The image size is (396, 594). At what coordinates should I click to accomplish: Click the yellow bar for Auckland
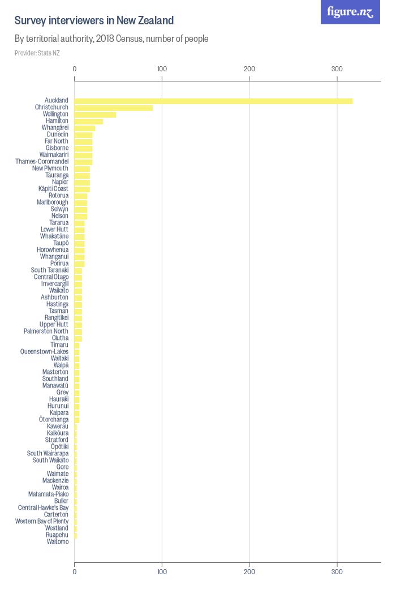coord(213,101)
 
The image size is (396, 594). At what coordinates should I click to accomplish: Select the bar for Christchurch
coord(114,107)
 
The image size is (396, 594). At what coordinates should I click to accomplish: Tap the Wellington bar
coord(95,114)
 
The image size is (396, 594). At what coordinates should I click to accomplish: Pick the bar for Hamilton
coord(89,121)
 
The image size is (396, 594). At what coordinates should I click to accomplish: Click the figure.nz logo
coord(350,12)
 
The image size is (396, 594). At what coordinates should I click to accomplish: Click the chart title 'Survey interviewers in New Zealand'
coord(94,21)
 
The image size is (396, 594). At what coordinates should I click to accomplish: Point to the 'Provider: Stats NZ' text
coord(37,53)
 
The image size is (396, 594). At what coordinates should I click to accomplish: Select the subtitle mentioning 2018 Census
coord(111,39)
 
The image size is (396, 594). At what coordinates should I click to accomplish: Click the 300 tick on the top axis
coord(337,69)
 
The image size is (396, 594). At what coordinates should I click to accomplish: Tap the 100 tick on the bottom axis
coord(162,572)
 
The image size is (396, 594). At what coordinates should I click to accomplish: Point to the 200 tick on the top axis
coord(249,69)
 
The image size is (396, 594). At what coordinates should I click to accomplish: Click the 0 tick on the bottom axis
coord(75,572)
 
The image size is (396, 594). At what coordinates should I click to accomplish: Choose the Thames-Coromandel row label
coord(42,162)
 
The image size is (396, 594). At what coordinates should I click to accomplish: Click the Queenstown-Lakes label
coord(44,352)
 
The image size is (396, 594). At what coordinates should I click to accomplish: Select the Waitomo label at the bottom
coord(58,542)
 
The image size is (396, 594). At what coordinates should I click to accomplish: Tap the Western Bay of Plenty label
coord(42,522)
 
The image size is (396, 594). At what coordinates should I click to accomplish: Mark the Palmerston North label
coord(46,332)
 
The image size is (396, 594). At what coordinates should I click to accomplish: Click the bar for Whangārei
coord(85,128)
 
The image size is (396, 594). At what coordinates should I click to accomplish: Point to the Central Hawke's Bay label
coord(43,508)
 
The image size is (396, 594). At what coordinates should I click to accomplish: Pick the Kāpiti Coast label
coord(53,189)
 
